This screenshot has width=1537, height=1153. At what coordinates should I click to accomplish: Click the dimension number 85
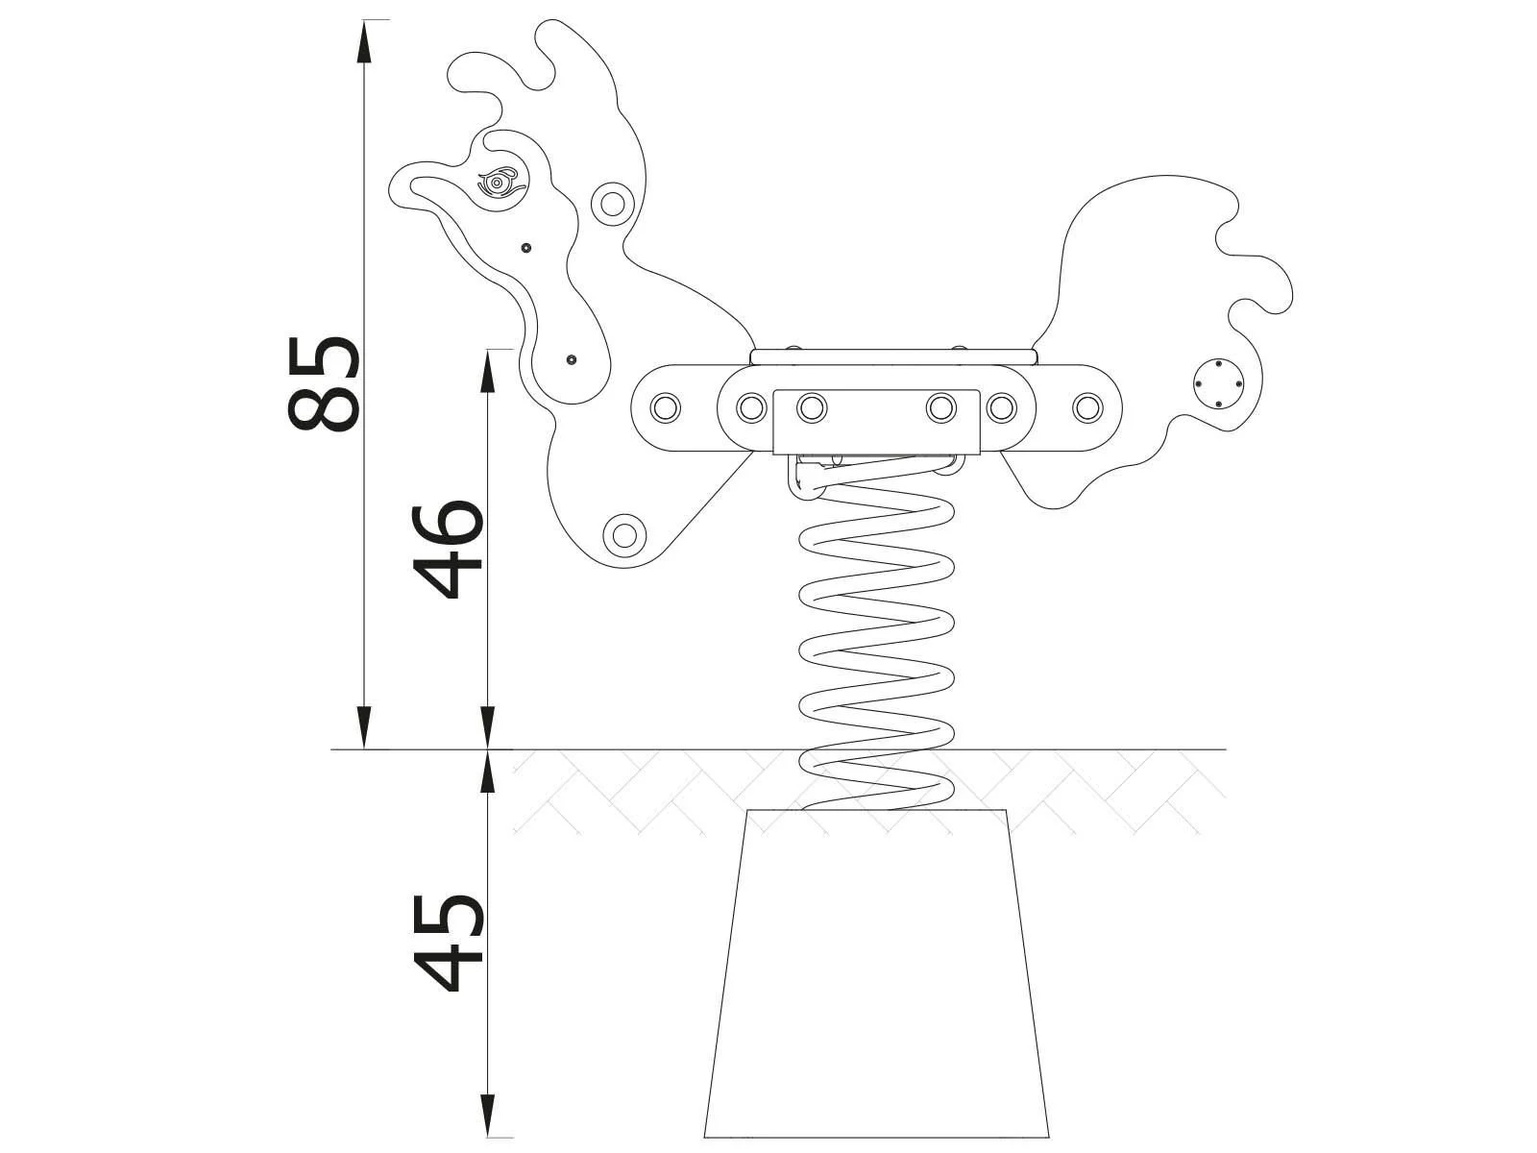pyautogui.click(x=324, y=382)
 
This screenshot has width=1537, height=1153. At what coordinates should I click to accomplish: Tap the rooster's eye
pyautogui.click(x=498, y=182)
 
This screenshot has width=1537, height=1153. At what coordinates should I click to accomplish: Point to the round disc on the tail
pyautogui.click(x=1217, y=384)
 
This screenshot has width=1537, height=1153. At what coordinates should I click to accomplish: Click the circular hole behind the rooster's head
pyautogui.click(x=610, y=202)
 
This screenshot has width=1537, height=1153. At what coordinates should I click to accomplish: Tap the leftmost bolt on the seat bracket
pyautogui.click(x=663, y=407)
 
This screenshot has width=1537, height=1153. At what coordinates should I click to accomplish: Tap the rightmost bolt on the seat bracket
pyautogui.click(x=1086, y=407)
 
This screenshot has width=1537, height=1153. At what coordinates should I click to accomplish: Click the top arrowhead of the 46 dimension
pyautogui.click(x=488, y=365)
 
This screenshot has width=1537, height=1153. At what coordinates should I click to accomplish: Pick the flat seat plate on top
pyautogui.click(x=893, y=356)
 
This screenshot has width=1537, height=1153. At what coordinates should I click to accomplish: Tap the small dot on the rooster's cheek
pyautogui.click(x=525, y=248)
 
